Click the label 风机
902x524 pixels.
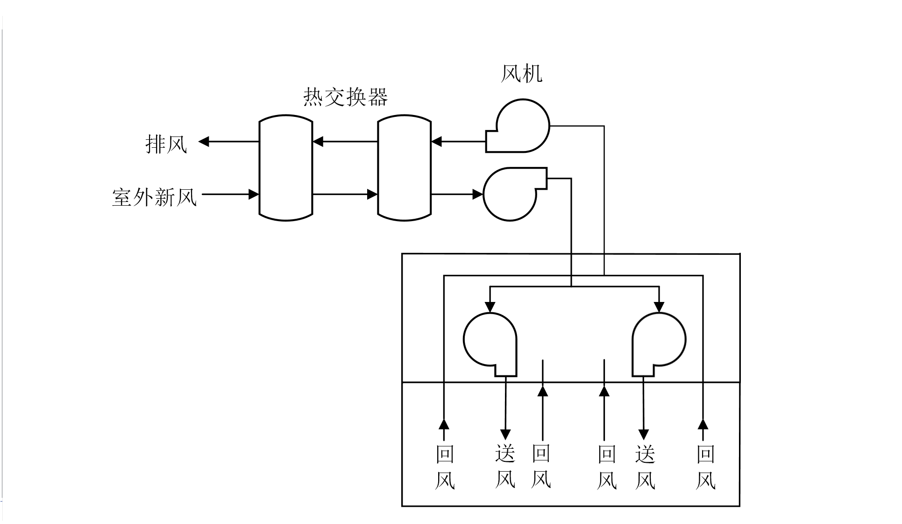tap(521, 74)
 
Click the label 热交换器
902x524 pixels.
tap(345, 97)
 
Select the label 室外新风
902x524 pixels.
tap(154, 197)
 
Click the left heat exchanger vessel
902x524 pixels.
tap(285, 168)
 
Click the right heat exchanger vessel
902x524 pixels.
tap(404, 168)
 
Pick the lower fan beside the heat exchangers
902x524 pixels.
tap(511, 194)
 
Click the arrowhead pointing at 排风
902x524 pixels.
tap(204, 141)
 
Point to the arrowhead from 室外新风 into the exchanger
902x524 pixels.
tap(254, 194)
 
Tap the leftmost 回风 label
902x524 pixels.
tap(445, 467)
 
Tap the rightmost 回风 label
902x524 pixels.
tap(705, 467)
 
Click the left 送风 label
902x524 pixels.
tap(505, 467)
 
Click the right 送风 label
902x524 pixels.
tap(645, 467)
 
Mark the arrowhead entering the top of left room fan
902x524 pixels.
tap(490, 307)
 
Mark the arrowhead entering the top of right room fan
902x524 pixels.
tap(659, 307)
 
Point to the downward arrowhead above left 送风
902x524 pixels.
tap(505, 434)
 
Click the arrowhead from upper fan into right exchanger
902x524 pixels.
tap(436, 141)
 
